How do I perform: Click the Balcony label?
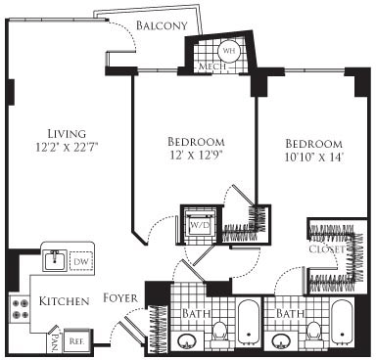(163, 24)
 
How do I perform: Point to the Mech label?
(212, 67)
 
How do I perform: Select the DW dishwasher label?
(82, 261)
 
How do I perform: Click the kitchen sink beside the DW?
(54, 261)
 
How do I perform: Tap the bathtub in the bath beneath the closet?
(343, 328)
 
